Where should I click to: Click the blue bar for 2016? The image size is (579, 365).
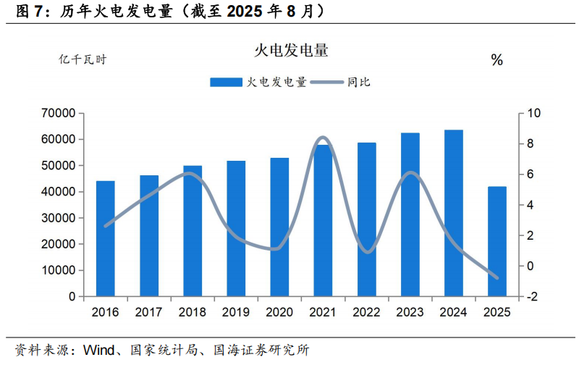coord(106,239)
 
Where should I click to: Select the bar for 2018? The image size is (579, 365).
coord(193,231)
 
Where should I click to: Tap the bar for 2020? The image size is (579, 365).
coord(279,227)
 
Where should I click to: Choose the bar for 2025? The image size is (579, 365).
coord(497,242)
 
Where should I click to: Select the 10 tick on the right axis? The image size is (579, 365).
coord(534,114)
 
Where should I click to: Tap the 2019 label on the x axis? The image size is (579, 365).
coord(236,312)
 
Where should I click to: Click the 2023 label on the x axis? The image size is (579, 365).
coord(410,312)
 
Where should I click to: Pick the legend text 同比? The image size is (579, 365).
coord(359,83)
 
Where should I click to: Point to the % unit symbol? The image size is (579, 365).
coord(496,61)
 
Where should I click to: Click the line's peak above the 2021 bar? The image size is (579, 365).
coord(323,138)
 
